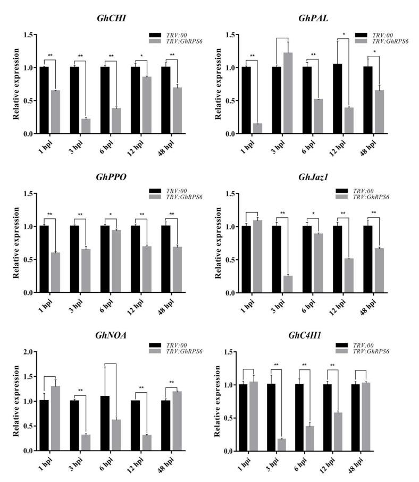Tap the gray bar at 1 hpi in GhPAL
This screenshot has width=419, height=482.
[257, 129]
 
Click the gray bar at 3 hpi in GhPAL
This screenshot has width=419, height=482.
[288, 94]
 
